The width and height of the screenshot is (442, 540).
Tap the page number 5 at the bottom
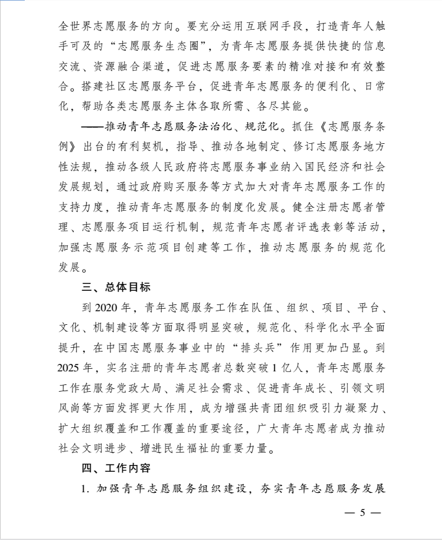pos(363,514)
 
